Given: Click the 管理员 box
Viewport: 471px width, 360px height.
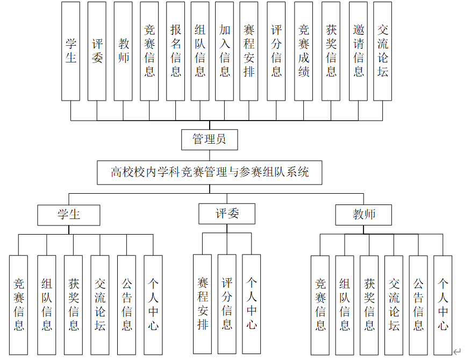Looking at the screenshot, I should tap(209, 140).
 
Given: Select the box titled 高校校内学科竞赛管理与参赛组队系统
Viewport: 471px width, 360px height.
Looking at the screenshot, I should tap(210, 173).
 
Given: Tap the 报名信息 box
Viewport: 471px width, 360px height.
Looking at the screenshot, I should tap(175, 51).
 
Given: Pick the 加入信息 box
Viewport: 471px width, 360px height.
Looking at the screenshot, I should tap(225, 51).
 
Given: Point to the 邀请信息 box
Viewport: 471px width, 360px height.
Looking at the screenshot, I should tap(358, 51).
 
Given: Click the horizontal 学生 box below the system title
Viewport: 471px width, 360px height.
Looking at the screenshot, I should tap(69, 215).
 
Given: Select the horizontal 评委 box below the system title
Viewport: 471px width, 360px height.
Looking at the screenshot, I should tap(227, 214).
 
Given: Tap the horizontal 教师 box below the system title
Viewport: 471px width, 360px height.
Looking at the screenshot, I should tap(363, 215).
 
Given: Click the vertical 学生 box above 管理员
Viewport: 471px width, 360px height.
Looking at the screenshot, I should tap(70, 51).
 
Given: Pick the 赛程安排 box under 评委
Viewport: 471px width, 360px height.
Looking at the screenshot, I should tap(202, 304).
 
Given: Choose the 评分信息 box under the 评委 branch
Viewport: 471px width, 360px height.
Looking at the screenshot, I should tap(227, 304).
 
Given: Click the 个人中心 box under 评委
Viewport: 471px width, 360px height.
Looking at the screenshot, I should tap(251, 304).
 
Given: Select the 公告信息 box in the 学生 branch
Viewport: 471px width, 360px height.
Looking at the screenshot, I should tap(126, 305).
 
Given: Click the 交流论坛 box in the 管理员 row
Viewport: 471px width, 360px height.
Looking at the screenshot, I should tap(382, 51).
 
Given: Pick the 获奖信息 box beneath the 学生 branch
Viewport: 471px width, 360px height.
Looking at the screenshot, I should tap(73, 305).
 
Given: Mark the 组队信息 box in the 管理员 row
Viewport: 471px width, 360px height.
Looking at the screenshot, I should tap(200, 51).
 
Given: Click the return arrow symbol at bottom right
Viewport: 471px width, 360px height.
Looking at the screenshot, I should tap(457, 351).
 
